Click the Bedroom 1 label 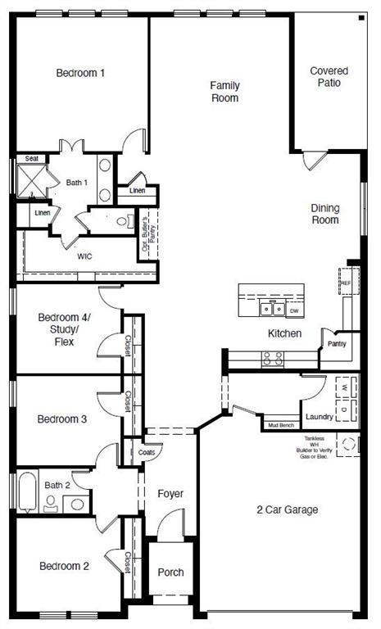coord(80,73)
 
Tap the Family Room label coord(224,92)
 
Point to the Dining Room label coord(324,214)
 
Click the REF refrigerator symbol coord(346,283)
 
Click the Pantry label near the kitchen coord(337,344)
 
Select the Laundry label coord(319,417)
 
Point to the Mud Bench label coord(281,426)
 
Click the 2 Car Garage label coord(287,509)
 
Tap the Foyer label coord(170,494)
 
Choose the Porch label coord(170,572)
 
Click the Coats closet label coord(147,452)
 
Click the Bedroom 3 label coord(62,419)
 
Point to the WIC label coord(84,256)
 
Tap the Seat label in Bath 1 coord(31,158)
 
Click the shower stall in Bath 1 coord(31,179)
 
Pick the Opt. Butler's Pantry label coord(148,234)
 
